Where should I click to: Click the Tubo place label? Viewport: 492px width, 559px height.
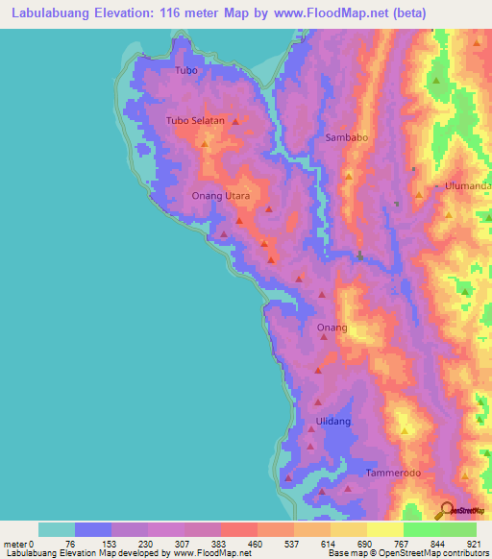pos(186,71)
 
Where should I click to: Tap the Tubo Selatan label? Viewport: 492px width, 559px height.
pos(195,121)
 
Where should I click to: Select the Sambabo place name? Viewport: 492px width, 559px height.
pos(347,137)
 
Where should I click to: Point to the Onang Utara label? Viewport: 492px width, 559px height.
pos(221,196)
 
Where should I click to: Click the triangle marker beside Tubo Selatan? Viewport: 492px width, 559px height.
pos(234,121)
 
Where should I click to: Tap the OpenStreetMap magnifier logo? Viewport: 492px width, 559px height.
pos(447,511)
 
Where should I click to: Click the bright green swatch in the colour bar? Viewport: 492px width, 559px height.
pos(421,529)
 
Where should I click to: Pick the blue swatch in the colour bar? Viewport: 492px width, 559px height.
pos(93,529)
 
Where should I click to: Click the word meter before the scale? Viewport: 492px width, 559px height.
pos(17,544)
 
